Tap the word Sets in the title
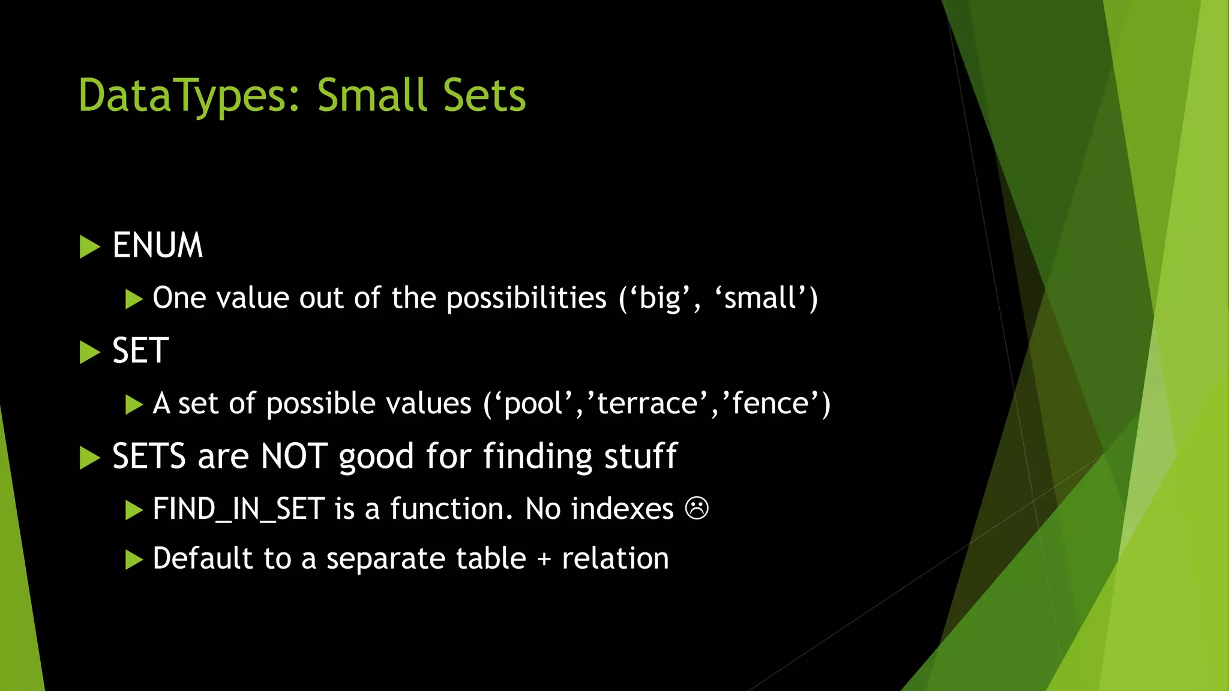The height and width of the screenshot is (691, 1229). (x=484, y=96)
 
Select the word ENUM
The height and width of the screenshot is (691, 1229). (x=158, y=245)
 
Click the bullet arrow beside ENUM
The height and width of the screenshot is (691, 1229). (x=89, y=247)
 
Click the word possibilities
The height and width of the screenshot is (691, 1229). (x=526, y=298)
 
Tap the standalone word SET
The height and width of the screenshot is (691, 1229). (x=140, y=351)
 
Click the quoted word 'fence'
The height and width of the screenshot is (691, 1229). (x=772, y=403)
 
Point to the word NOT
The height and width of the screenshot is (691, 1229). (x=294, y=456)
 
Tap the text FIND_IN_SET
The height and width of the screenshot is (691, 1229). (x=239, y=509)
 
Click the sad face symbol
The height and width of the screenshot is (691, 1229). (x=697, y=509)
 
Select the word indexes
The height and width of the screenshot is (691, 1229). (x=622, y=509)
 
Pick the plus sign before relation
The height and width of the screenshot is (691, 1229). (x=544, y=560)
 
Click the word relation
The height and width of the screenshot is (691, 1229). (x=615, y=559)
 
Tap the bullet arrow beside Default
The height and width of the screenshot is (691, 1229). (x=133, y=560)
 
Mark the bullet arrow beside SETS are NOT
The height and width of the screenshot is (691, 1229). (x=89, y=458)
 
